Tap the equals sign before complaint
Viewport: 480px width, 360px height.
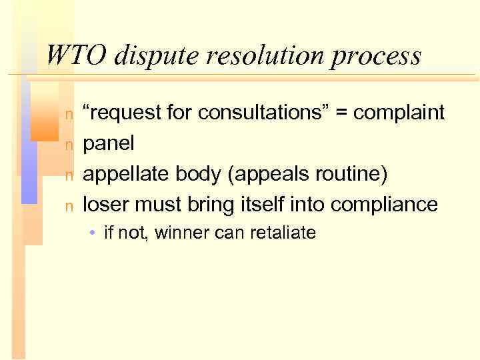343,113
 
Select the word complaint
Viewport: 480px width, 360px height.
399,113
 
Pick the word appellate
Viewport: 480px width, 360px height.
126,174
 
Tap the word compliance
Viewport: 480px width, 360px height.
385,205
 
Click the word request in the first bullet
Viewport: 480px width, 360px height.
119,113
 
